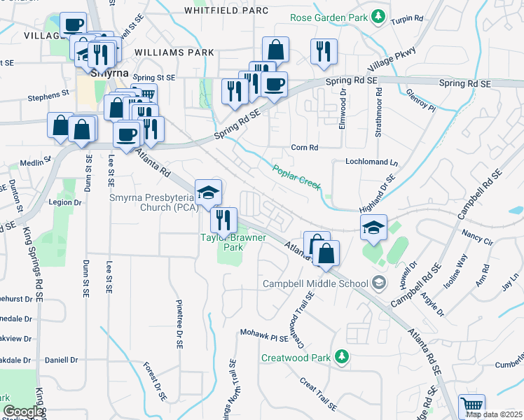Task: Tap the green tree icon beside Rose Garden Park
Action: (378, 15)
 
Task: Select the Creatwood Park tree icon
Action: (341, 357)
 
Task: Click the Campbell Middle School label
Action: (315, 283)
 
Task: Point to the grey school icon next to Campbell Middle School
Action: (379, 283)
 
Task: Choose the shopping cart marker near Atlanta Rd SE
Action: (471, 406)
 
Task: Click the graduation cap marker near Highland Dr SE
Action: (374, 227)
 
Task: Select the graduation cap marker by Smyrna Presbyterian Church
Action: (208, 191)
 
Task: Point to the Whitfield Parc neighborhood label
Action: (226, 10)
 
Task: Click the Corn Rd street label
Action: (305, 148)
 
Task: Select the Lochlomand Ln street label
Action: (371, 162)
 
